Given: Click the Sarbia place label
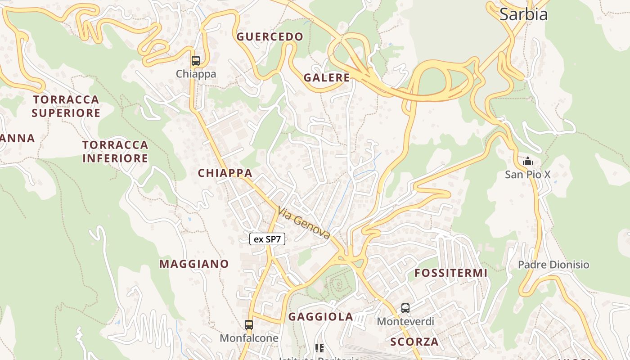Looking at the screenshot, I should click(x=523, y=14).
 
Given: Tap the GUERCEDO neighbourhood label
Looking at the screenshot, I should click(x=270, y=37).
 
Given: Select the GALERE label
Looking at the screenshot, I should click(x=327, y=77).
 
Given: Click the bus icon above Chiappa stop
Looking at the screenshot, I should click(x=196, y=61).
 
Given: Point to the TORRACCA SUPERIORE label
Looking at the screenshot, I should click(x=66, y=106).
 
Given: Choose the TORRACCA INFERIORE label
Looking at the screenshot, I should click(x=115, y=152).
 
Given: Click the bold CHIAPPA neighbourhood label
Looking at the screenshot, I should click(x=225, y=173).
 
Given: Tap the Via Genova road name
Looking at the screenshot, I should click(x=304, y=223).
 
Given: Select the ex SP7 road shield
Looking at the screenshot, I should click(x=267, y=239).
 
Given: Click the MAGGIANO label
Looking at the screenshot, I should click(x=194, y=264).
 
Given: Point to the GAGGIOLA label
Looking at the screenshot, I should click(x=321, y=317).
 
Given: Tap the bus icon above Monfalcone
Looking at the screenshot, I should click(x=249, y=324).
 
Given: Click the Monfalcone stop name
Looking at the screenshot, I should click(x=249, y=337).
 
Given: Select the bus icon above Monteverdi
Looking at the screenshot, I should click(x=405, y=308).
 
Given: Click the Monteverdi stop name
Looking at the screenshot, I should click(x=405, y=321).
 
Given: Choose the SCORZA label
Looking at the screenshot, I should click(x=414, y=342).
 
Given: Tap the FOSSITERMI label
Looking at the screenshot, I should click(x=451, y=273).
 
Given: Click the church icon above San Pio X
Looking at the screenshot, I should click(x=527, y=161).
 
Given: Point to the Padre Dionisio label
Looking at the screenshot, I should click(x=553, y=265).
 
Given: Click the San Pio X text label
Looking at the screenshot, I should click(x=527, y=175).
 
